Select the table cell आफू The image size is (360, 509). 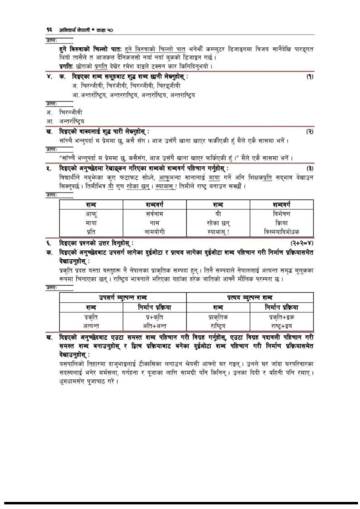tap(90, 213)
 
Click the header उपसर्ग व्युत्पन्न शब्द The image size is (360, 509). tap(122, 297)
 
